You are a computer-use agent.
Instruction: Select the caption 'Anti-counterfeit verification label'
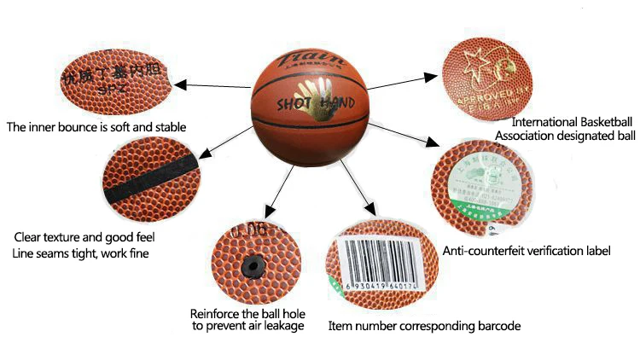coord(527,251)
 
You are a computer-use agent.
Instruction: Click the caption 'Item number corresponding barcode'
coord(424,326)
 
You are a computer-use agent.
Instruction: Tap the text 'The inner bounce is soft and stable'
coord(96,128)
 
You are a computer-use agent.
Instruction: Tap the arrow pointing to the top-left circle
coord(213,84)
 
